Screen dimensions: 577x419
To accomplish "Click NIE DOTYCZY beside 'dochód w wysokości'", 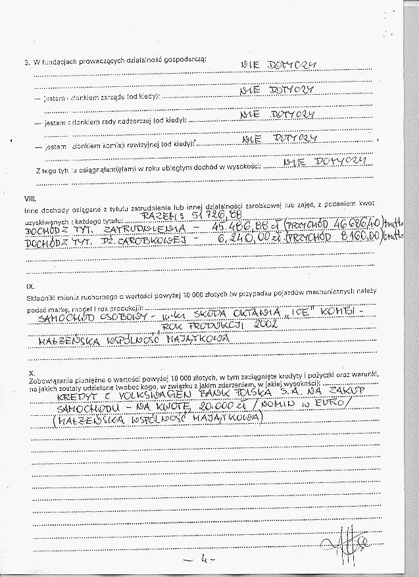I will [x=323, y=162].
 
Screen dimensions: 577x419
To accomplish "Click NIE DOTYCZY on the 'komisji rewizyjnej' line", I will [x=280, y=139].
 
